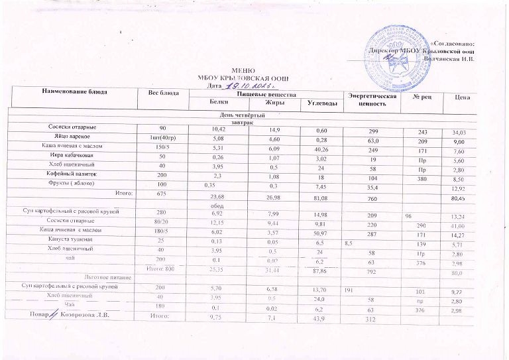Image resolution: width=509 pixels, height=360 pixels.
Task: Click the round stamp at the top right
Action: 397,51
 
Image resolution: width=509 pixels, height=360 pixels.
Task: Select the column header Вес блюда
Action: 163,91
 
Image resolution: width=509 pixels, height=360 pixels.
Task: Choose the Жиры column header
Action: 274,101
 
